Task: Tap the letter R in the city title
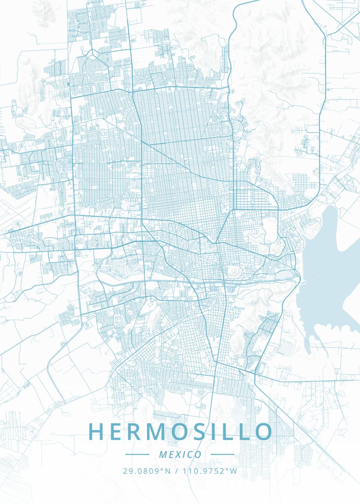click(139, 432)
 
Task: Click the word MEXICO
click(180, 454)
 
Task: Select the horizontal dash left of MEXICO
click(137, 454)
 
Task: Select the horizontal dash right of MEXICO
click(222, 454)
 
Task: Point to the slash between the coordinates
click(176, 471)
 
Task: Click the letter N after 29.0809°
click(168, 471)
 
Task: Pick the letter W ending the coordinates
click(234, 471)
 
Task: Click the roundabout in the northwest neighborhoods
click(92, 53)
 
